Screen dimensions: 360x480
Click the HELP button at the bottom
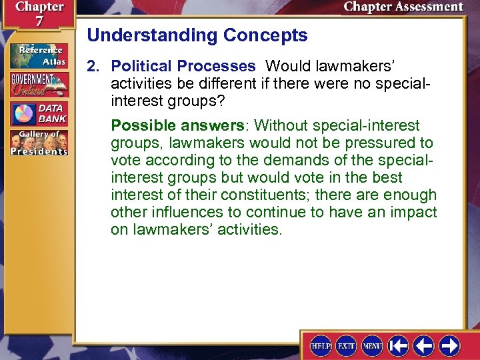321,345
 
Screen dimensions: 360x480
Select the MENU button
372,345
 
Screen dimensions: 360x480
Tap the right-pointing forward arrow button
449,345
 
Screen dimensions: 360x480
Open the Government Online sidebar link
39,85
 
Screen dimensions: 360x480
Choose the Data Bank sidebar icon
39,113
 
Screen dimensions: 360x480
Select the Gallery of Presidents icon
39,143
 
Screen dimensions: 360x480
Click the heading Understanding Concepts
197,35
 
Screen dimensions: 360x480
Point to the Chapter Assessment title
403,7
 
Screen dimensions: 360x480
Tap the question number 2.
92,67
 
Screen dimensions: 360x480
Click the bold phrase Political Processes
183,67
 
